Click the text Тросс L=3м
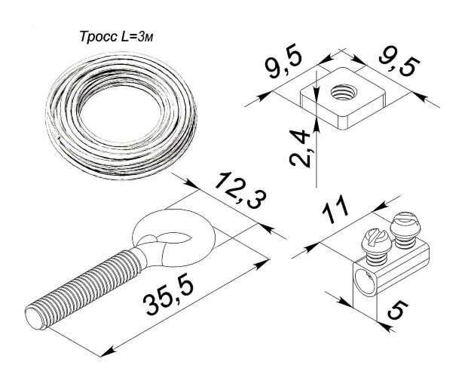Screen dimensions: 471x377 (x=117, y=37)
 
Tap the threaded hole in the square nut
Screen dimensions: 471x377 (x=344, y=92)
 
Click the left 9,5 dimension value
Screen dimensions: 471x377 (x=283, y=63)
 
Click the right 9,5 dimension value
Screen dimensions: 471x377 (x=399, y=66)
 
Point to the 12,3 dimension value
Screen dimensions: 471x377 (x=240, y=190)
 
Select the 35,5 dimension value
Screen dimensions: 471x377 (x=169, y=296)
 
